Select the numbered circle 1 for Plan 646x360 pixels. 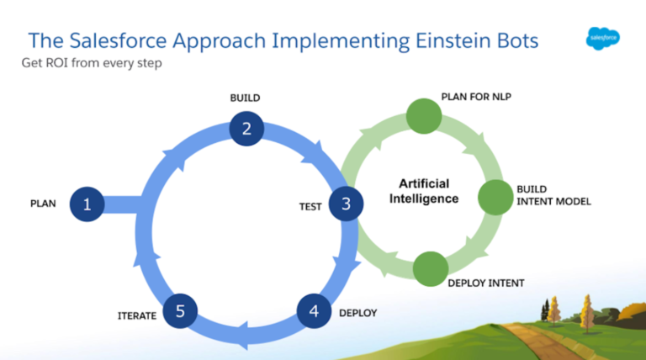87,204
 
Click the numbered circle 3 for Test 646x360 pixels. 345,204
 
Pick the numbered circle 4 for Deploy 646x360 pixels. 314,311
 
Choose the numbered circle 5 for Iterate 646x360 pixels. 180,311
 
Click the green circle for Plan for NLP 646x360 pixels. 423,116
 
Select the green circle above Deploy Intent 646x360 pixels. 431,266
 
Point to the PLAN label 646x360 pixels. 43,204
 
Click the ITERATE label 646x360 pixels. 136,315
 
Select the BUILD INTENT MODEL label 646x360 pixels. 554,196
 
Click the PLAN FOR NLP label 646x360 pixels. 476,97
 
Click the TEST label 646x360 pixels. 310,206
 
